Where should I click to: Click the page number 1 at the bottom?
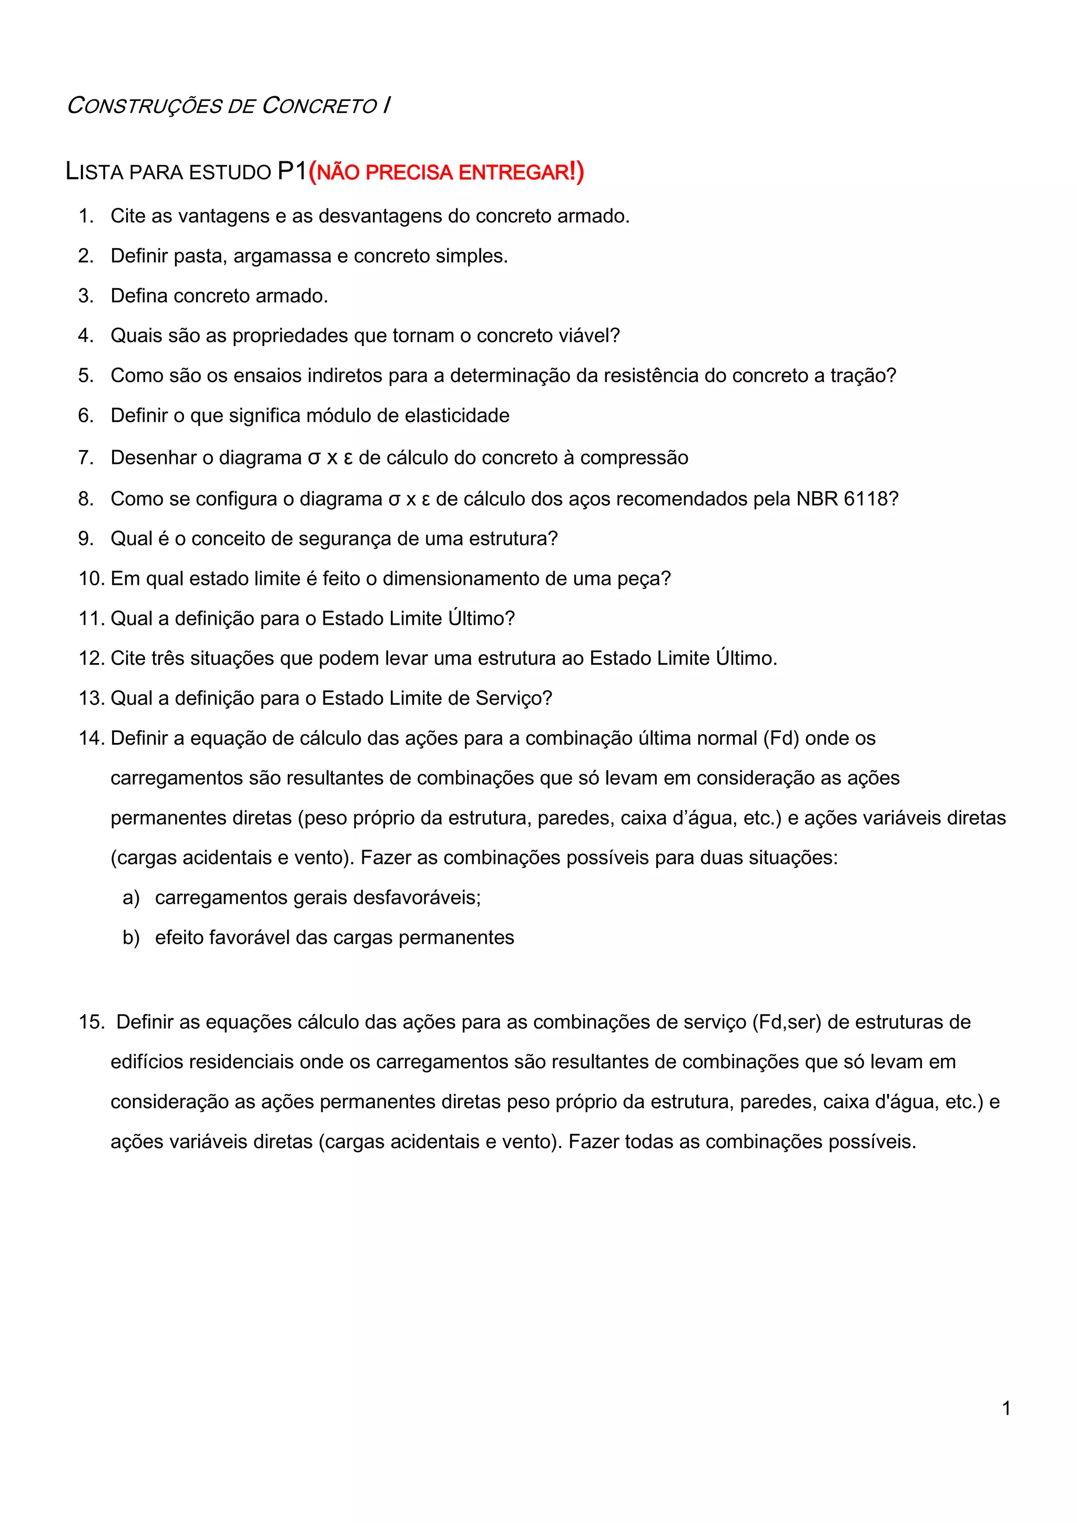tap(1006, 1408)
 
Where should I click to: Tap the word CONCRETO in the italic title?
tap(320, 106)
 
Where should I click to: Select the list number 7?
tap(86, 458)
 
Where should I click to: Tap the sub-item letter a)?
tap(130, 898)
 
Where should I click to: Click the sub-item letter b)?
tap(130, 937)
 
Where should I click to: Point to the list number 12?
tap(92, 658)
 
